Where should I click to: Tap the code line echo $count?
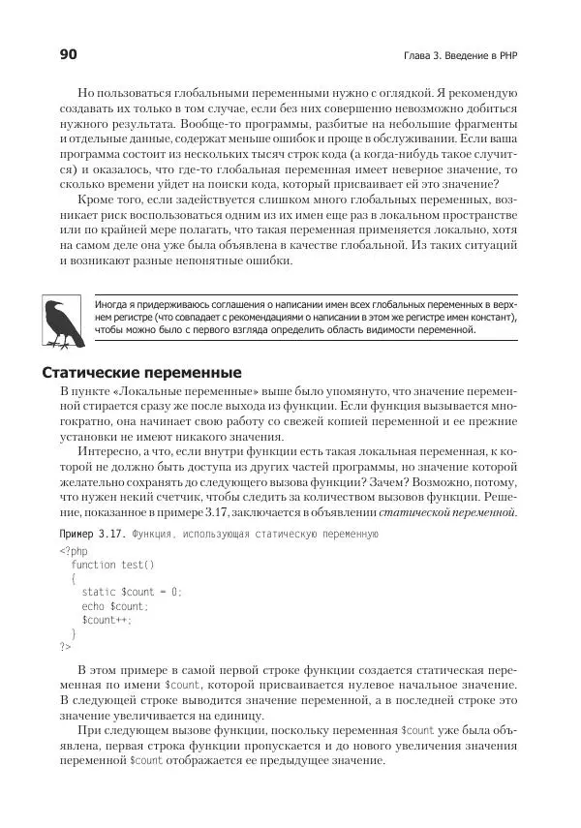click(114, 606)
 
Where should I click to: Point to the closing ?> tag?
click(65, 647)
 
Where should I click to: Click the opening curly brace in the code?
click(74, 578)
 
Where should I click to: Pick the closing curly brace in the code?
click(74, 633)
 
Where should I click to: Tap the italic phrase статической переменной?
click(447, 512)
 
